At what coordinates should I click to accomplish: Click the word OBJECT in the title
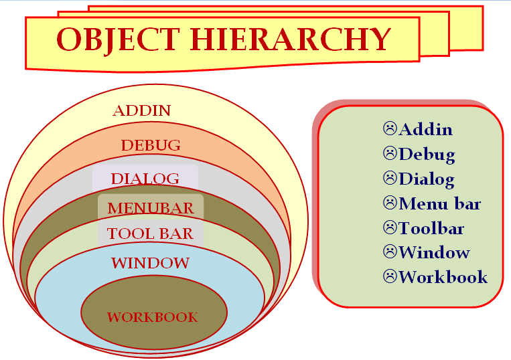pyautogui.click(x=119, y=39)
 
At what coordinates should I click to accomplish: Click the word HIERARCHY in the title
pyautogui.click(x=291, y=39)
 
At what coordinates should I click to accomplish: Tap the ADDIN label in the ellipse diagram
pyautogui.click(x=142, y=110)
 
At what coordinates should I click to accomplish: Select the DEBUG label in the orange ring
pyautogui.click(x=151, y=145)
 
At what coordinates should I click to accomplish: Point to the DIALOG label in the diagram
pyautogui.click(x=145, y=179)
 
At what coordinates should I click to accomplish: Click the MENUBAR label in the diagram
pyautogui.click(x=151, y=208)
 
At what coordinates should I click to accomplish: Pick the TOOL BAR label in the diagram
pyautogui.click(x=150, y=234)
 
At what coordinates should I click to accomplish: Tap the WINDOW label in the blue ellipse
pyautogui.click(x=150, y=263)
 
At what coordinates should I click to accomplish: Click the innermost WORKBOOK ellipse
pyautogui.click(x=154, y=312)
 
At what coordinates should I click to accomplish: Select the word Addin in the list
pyautogui.click(x=426, y=130)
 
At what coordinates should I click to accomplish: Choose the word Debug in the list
pyautogui.click(x=427, y=155)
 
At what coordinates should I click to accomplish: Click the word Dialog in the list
pyautogui.click(x=427, y=179)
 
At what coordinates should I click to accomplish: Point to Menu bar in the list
pyautogui.click(x=439, y=204)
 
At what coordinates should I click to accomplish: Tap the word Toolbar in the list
pyautogui.click(x=431, y=228)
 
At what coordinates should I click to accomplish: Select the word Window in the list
pyautogui.click(x=434, y=252)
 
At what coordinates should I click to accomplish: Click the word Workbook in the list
pyautogui.click(x=443, y=277)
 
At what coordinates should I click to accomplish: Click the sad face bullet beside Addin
pyautogui.click(x=390, y=128)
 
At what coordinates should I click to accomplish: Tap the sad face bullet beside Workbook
pyautogui.click(x=390, y=276)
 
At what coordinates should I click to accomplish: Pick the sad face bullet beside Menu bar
pyautogui.click(x=390, y=203)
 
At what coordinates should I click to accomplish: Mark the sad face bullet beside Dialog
pyautogui.click(x=390, y=178)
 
